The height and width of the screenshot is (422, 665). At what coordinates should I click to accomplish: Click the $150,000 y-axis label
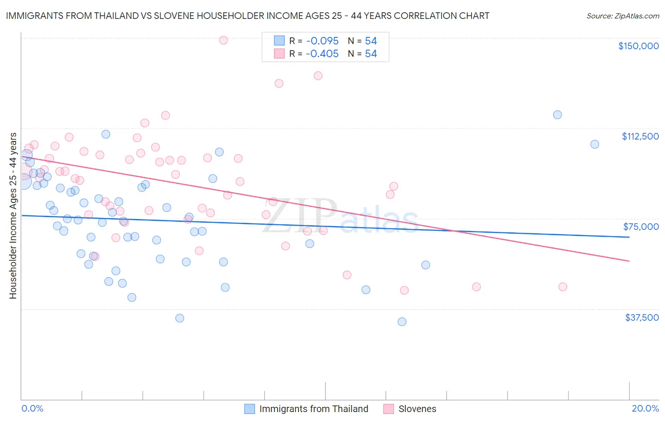click(638, 46)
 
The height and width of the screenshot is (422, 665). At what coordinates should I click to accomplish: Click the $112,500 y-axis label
click(639, 136)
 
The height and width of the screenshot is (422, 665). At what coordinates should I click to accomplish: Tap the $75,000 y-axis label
click(640, 227)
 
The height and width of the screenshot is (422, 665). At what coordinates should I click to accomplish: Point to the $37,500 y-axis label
click(641, 317)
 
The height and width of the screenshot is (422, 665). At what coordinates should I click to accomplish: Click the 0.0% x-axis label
click(32, 408)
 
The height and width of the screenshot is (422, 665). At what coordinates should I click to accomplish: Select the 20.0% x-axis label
click(645, 408)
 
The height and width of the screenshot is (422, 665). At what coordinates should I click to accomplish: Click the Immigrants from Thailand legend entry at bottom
click(313, 409)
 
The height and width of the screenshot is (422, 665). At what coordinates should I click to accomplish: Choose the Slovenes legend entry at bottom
click(417, 409)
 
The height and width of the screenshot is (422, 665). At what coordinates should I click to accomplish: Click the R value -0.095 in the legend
click(322, 41)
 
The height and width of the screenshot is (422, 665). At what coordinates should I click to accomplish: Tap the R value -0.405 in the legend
click(322, 54)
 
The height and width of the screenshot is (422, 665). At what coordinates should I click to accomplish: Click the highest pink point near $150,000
click(223, 40)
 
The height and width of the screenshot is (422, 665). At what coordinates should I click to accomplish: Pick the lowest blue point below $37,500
click(402, 322)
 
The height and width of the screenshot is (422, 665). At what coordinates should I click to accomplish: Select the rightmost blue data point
click(595, 144)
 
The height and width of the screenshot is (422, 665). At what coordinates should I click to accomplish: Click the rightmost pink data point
click(562, 287)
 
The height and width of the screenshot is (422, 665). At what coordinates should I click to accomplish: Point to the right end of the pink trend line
click(629, 261)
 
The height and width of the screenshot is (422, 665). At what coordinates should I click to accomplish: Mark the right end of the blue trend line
click(629, 237)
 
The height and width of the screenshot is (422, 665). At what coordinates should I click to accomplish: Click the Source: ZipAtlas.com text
click(622, 16)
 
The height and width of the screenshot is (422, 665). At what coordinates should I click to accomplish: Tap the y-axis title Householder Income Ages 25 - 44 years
click(13, 216)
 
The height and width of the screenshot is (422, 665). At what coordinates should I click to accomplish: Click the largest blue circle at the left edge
click(22, 181)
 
